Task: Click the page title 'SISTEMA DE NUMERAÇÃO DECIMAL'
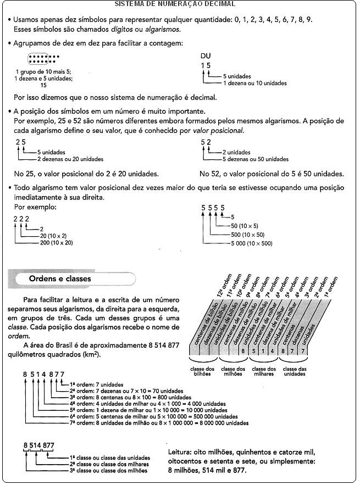(174, 4)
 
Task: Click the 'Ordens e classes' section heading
(61, 279)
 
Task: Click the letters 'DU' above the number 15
(206, 56)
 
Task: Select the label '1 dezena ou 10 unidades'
(254, 83)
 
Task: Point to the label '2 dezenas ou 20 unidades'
(70, 159)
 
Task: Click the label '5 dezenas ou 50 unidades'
(255, 159)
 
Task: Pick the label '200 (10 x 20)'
(56, 242)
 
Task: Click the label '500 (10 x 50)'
(248, 235)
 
